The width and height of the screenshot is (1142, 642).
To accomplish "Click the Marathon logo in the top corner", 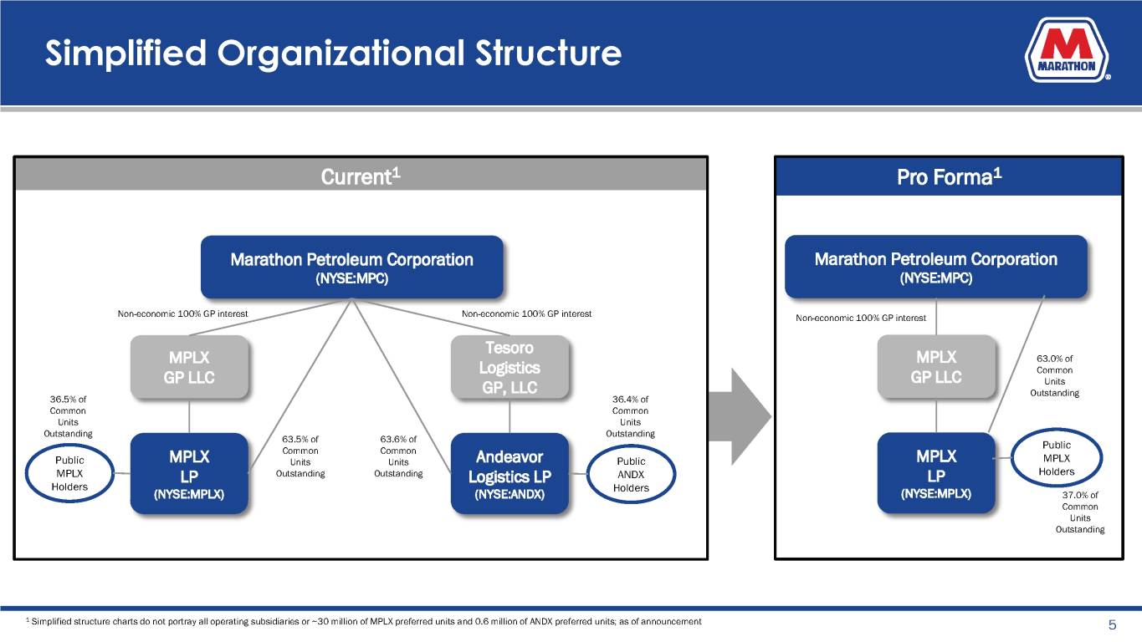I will coord(1067,52).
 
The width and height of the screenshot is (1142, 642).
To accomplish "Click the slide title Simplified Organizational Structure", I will coord(333,54).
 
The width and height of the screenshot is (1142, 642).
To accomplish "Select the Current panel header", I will coord(361,177).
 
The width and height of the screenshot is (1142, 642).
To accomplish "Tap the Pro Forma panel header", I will coord(948,177).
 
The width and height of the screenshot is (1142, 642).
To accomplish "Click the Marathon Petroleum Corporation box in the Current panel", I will coord(351,267).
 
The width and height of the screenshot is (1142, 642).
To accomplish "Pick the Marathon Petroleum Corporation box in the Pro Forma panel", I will coord(935,267).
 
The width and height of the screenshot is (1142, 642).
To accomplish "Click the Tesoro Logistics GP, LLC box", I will coord(509,368).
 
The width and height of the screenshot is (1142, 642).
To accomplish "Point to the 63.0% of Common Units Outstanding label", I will coord(1054,376).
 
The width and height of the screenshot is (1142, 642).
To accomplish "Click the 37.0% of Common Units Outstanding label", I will coord(1079,512).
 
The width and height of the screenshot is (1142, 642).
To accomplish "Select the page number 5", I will coord(1112,625).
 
